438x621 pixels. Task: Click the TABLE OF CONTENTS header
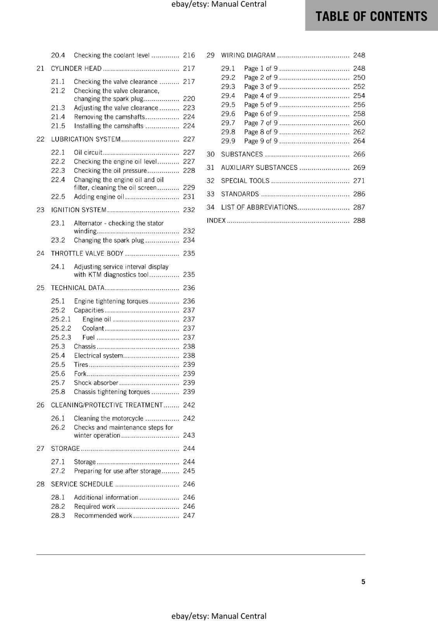tap(371, 16)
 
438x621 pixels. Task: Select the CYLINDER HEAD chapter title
tap(76, 69)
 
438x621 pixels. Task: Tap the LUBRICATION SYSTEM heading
tap(86, 139)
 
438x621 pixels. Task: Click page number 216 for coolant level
tap(189, 56)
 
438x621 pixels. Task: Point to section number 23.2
tap(58, 240)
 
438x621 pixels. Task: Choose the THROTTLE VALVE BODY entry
tap(87, 253)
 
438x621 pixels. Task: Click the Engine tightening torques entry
tap(111, 301)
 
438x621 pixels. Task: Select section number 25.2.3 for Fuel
tap(61, 338)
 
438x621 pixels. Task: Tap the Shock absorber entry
tap(96, 383)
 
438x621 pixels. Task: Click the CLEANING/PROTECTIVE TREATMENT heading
tap(107, 405)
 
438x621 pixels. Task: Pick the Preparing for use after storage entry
tap(117, 471)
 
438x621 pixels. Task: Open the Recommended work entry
tap(103, 516)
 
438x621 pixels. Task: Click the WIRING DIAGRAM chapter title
tap(248, 56)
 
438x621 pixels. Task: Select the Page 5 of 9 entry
tap(261, 105)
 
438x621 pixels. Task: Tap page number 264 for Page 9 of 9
tap(359, 141)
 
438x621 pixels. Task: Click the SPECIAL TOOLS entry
tap(245, 181)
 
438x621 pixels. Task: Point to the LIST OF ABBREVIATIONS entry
tap(259, 207)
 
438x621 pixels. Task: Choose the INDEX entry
tap(216, 220)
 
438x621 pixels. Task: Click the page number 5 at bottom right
tap(363, 582)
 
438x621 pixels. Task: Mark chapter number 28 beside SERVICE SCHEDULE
tap(40, 484)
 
